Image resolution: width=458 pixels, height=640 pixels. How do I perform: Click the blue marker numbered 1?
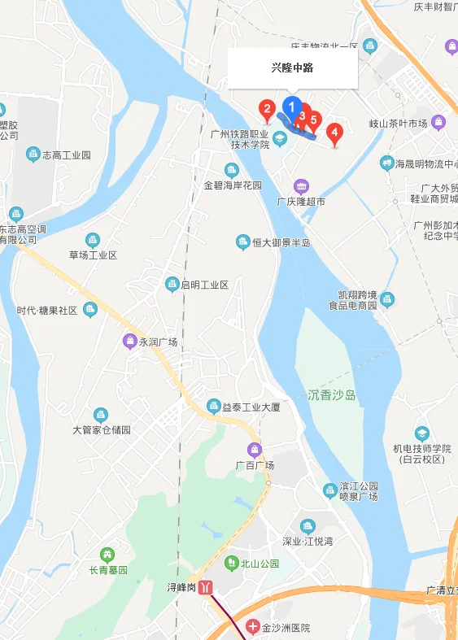pos(291,107)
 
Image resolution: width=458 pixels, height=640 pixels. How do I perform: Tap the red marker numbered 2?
pos(266,107)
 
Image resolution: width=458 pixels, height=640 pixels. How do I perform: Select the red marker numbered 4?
pos(334,132)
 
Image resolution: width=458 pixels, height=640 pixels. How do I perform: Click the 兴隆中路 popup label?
pos(292,68)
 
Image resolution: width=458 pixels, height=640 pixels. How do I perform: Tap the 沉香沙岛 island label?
pos(332,395)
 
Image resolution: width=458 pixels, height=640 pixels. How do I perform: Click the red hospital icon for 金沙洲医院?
pos(253,628)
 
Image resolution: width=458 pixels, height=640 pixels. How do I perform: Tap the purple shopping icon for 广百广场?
pos(255,450)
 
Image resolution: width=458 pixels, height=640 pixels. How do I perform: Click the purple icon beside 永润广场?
pos(129,341)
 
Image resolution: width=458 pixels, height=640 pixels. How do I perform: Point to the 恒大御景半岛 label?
pos(280,242)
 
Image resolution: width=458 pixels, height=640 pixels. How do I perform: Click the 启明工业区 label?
pos(204,285)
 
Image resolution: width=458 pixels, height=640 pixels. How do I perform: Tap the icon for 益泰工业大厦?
pos(214,405)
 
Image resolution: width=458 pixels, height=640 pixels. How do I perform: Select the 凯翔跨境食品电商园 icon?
pos(387,299)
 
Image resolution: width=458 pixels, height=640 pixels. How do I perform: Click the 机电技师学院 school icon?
pos(421,433)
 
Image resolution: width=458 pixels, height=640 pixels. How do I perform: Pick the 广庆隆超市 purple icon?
pos(301,186)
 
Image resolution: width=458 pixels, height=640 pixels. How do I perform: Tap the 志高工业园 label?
pos(66,155)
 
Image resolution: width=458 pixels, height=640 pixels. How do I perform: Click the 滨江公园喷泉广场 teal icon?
pos(329,490)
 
